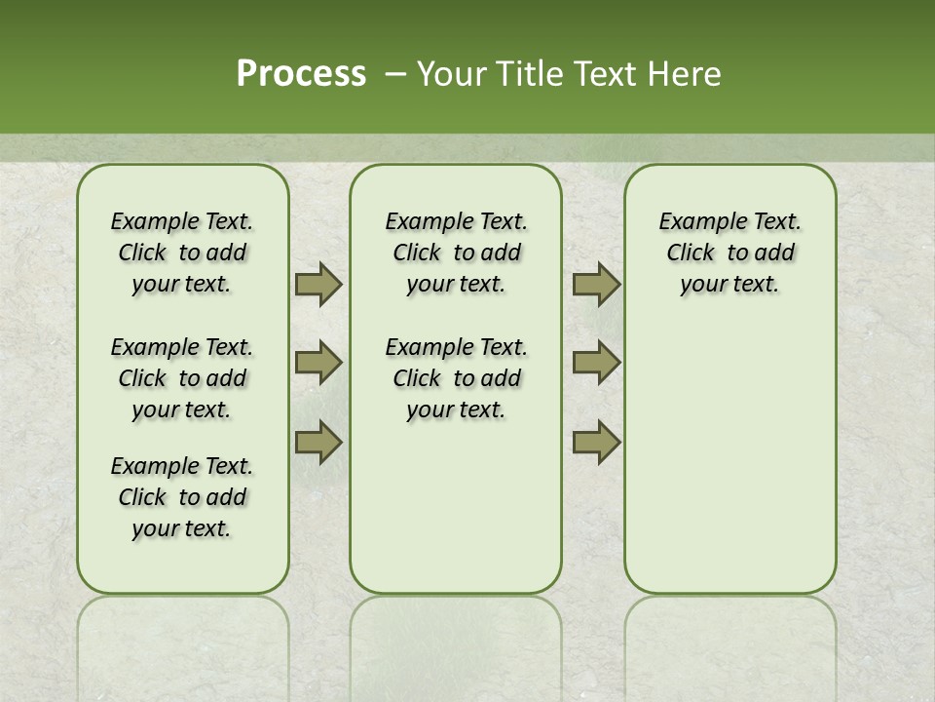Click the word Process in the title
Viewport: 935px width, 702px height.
(x=301, y=74)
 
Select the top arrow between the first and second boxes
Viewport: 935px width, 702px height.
(x=318, y=284)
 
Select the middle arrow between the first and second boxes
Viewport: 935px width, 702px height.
(x=318, y=363)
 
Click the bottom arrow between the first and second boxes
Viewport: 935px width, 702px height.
(x=318, y=443)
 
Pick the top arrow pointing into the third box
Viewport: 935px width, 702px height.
(x=596, y=284)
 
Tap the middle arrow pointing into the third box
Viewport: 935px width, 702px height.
(x=596, y=363)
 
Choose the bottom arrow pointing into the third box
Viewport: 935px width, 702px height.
(x=596, y=443)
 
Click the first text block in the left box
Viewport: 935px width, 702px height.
(x=182, y=253)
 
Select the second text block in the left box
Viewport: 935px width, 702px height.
(x=182, y=378)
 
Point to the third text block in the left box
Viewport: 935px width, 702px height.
(x=182, y=497)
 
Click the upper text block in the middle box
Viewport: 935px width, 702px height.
(x=456, y=253)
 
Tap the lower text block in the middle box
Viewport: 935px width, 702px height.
(x=456, y=378)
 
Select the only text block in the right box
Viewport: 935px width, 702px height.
(x=729, y=253)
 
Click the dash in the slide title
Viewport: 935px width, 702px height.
(x=395, y=74)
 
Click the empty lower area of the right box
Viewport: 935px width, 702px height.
(x=729, y=468)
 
